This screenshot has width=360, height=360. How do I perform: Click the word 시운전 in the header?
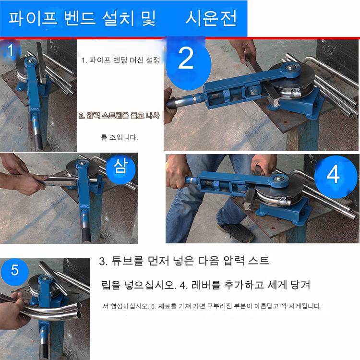[x=211, y=18]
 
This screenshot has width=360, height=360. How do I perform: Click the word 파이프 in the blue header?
[x=33, y=18]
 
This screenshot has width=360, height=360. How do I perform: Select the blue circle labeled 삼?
[x=121, y=168]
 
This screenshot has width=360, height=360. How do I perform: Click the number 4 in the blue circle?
[x=334, y=174]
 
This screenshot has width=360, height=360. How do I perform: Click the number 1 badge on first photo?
[x=10, y=50]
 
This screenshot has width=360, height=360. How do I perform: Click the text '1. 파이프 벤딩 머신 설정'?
[x=120, y=60]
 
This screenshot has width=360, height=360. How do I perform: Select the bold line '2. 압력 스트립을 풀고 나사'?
[x=119, y=116]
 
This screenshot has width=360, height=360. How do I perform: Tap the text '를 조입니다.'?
[x=120, y=137]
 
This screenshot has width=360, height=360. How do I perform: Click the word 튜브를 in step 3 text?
[x=128, y=261]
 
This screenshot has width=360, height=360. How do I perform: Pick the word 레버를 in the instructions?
[x=206, y=285]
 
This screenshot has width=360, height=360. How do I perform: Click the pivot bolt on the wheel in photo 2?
[x=291, y=68]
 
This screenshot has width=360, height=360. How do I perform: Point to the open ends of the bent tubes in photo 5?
[x=79, y=310]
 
